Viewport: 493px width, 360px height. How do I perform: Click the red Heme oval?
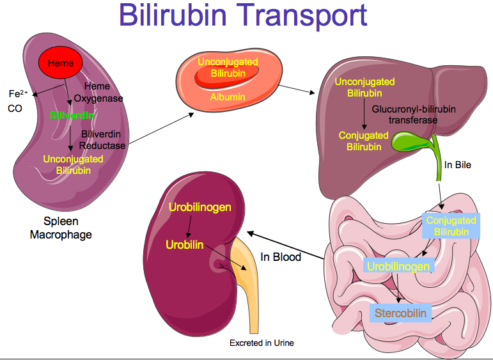point(61,63)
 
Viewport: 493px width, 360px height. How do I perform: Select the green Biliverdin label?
point(73,116)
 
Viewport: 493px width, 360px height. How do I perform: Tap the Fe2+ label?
point(17,94)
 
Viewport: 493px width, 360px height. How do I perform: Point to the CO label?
point(15,109)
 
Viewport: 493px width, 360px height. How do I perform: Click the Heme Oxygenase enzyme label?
point(98,93)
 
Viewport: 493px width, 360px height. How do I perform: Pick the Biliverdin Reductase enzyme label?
point(102,139)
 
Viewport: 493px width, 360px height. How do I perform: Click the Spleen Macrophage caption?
point(61,228)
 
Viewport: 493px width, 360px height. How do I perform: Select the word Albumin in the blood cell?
point(228,97)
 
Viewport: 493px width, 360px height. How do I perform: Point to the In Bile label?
point(458,165)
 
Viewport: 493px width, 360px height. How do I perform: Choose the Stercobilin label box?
point(400,313)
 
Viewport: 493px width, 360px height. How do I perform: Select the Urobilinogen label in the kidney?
point(200,208)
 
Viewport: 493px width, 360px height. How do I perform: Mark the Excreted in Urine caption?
point(262,343)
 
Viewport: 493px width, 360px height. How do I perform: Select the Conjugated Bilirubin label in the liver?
point(363,141)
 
